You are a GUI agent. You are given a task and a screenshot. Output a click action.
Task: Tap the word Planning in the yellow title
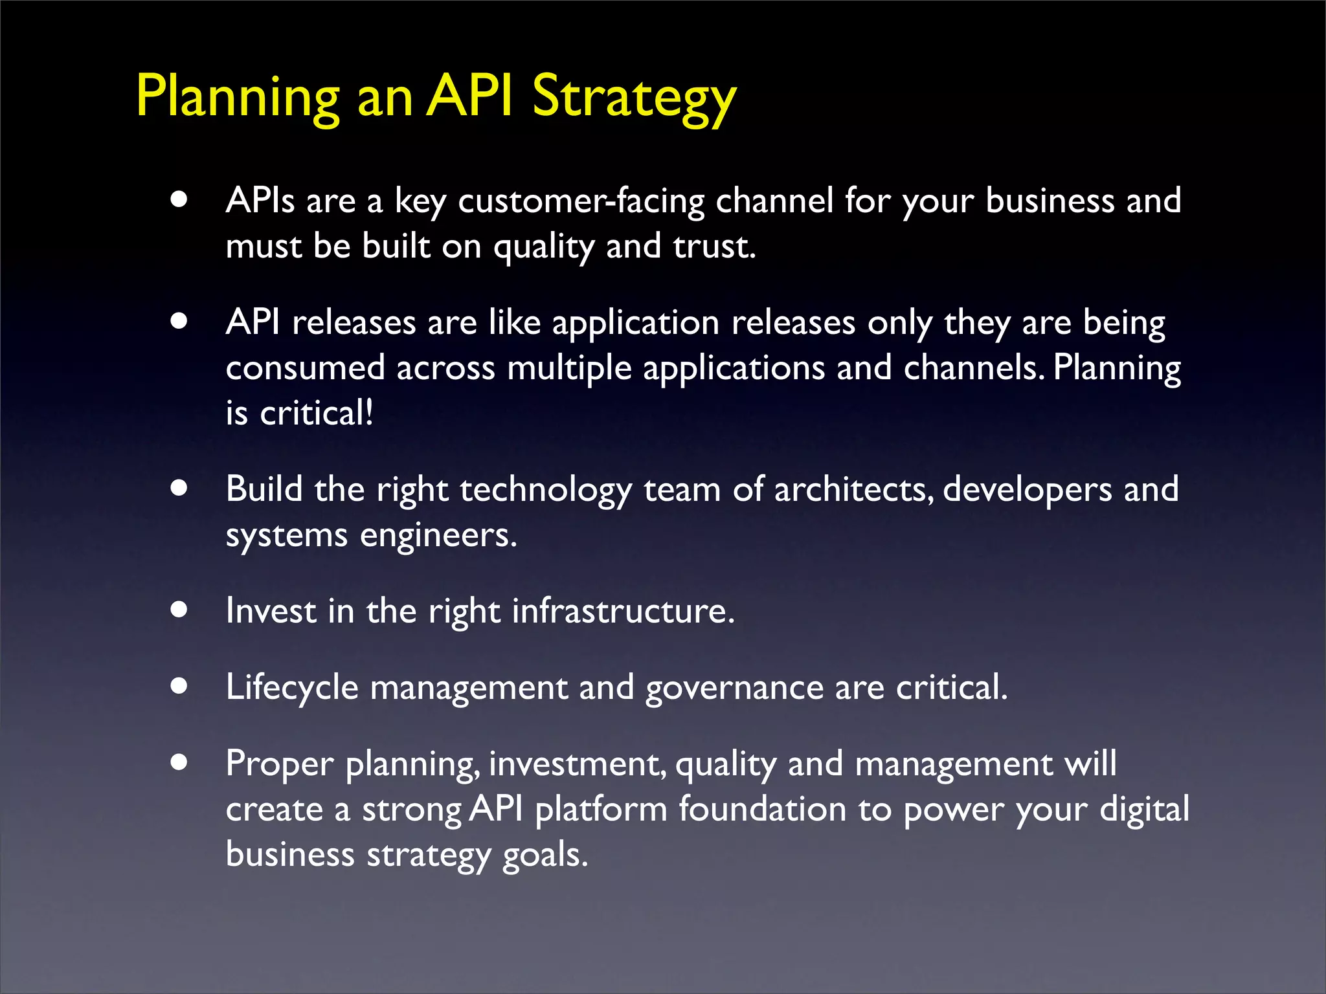tap(237, 97)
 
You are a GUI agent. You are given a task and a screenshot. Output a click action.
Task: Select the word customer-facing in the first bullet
tap(581, 201)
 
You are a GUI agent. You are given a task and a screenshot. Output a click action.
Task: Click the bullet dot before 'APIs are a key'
tap(179, 199)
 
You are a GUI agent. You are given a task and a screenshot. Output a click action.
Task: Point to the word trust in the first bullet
tap(714, 247)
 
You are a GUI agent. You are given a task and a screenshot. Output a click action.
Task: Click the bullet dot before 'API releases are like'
tap(179, 321)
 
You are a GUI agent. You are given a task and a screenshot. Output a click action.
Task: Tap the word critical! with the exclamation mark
tap(317, 414)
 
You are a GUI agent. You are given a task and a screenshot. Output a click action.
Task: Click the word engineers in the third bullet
tap(438, 535)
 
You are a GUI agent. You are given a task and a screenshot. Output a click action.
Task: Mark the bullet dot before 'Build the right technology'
tap(179, 487)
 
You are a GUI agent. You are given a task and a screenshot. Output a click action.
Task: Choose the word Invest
tap(271, 611)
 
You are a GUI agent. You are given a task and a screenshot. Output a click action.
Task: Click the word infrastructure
tap(623, 611)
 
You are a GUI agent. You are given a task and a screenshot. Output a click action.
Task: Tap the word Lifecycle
tap(292, 687)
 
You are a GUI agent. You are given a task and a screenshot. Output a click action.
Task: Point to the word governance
tap(734, 687)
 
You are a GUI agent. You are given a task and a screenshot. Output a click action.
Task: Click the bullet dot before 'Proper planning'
tap(179, 762)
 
